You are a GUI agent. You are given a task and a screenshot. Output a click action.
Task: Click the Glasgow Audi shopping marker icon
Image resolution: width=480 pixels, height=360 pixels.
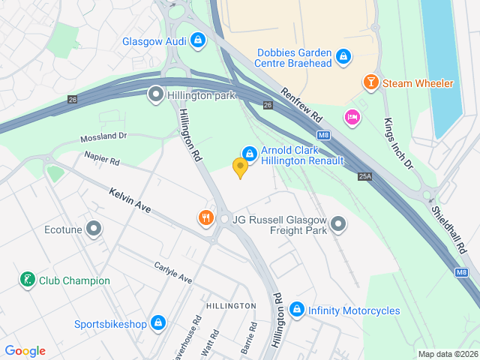[198, 40]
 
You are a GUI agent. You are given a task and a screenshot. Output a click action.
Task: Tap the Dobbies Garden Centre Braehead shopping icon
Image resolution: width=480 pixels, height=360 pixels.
[343, 57]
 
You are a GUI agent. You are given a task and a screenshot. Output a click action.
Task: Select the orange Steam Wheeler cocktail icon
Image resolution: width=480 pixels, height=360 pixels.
[370, 82]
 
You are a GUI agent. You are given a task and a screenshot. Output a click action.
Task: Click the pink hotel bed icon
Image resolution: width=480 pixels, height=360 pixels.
[352, 117]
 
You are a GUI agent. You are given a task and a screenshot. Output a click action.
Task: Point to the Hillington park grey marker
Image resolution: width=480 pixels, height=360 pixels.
[155, 94]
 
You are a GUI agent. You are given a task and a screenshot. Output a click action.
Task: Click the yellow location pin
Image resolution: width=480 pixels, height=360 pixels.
[240, 168]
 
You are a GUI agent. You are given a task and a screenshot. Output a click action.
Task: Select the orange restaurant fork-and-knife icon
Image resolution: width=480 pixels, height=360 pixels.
[206, 218]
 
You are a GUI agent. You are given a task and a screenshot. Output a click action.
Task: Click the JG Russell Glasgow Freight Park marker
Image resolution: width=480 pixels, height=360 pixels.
[339, 224]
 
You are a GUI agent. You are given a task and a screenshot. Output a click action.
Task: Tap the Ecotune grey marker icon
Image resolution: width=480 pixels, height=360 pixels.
[94, 228]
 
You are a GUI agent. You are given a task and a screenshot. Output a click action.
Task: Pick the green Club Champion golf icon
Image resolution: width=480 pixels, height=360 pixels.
[27, 280]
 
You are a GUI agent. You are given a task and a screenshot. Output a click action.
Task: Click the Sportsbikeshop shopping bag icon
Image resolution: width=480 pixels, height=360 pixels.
[157, 323]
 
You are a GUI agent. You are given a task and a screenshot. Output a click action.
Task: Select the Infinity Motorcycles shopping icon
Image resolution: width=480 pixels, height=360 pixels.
[297, 310]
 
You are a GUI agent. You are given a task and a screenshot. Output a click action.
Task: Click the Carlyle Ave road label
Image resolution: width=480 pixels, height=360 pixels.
[173, 273]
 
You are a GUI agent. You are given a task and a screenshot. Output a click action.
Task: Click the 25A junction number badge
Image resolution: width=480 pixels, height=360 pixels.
[365, 176]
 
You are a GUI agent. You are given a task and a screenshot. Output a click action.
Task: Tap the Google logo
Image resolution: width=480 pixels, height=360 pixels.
[25, 351]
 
